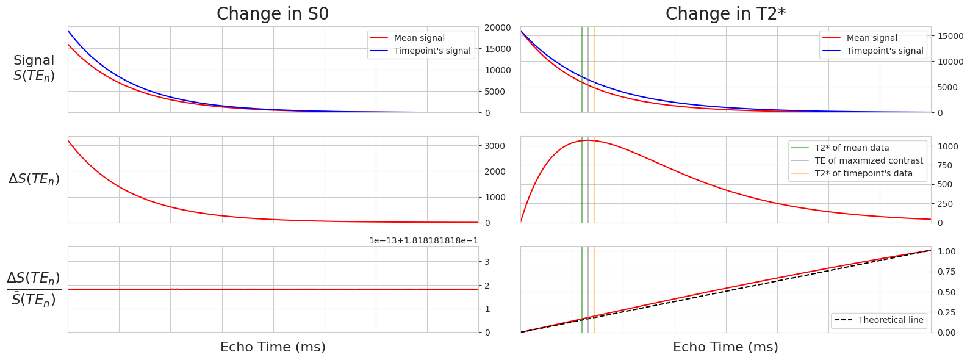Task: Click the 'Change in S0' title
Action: (273, 14)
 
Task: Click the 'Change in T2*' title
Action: (725, 14)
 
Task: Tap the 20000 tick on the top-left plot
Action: (498, 27)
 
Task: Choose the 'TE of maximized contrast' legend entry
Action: (869, 160)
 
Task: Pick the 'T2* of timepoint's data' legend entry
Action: (863, 173)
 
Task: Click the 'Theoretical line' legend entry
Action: (890, 320)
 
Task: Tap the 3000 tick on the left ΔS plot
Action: (495, 146)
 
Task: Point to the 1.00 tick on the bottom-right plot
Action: (946, 251)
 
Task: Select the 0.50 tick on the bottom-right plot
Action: (946, 292)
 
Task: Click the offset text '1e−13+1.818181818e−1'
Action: (423, 240)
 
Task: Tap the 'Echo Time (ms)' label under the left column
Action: (273, 347)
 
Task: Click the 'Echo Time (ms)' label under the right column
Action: (725, 347)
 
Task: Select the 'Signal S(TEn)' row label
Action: (34, 68)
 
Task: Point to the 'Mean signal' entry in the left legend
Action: (419, 38)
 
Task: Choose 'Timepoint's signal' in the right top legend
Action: (885, 51)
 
